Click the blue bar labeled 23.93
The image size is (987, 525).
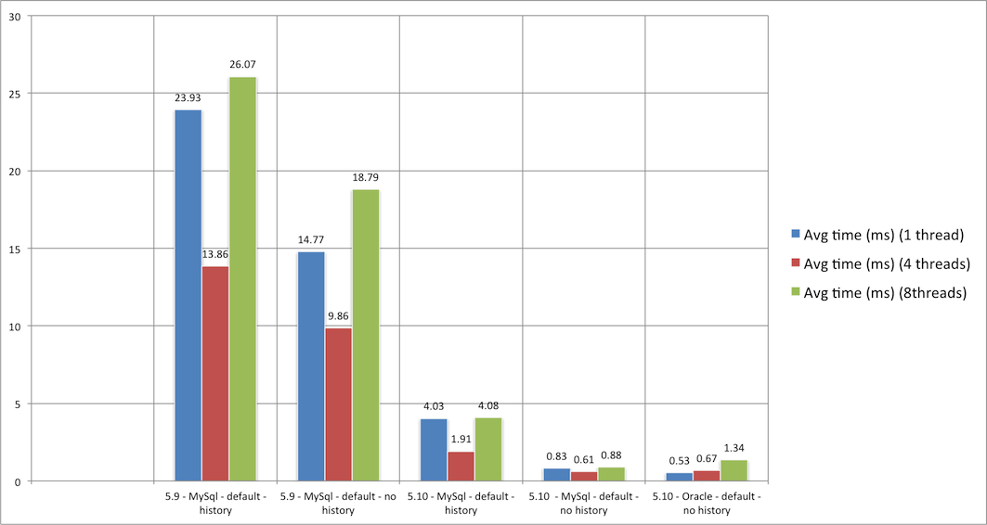(188, 295)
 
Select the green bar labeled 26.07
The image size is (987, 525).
(242, 278)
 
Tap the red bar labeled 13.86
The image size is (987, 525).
(214, 373)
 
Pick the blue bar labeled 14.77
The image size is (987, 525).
(310, 365)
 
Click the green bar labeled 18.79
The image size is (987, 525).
(365, 335)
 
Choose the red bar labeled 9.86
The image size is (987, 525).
(338, 403)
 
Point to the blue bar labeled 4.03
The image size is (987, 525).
(433, 450)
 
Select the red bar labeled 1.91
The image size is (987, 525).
(461, 466)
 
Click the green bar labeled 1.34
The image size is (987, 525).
(733, 470)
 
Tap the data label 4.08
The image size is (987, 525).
(488, 404)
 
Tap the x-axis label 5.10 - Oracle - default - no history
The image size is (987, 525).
(707, 504)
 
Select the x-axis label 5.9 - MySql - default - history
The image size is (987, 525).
(214, 504)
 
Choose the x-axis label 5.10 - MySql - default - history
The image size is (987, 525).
(461, 504)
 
